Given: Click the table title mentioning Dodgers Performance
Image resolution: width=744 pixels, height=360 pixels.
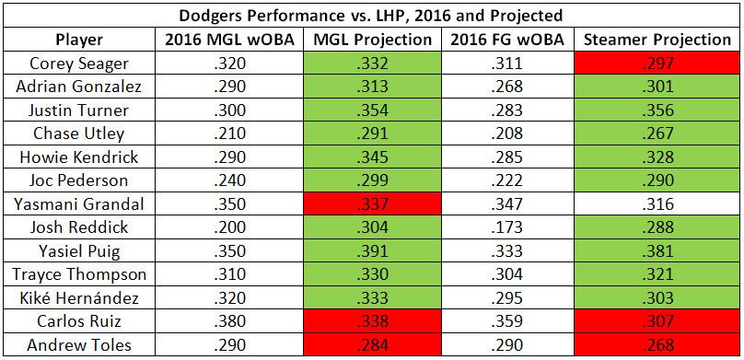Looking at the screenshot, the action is pos(370,17).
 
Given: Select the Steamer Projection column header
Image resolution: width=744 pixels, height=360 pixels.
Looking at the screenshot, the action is pos(657,40).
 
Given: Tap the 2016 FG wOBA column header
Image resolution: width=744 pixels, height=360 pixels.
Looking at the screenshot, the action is pos(506,40).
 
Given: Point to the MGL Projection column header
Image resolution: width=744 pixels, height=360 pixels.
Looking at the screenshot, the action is pos(373,40).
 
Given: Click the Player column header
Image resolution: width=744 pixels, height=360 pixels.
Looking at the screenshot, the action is pos(79,40).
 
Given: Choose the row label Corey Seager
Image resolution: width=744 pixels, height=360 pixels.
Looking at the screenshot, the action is pos(79,64).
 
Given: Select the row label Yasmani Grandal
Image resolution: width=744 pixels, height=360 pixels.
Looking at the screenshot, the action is pos(79,204).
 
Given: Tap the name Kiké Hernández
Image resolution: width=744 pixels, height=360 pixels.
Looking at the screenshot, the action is pos(79,298).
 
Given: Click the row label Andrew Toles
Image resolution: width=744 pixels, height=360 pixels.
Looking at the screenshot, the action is pos(79,345).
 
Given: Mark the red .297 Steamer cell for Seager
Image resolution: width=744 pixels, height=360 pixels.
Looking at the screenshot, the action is pos(657,64).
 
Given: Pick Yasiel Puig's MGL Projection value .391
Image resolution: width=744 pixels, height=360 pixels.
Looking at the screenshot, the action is pos(373,251).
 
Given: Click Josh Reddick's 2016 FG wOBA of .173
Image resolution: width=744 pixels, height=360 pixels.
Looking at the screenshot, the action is pos(506,227).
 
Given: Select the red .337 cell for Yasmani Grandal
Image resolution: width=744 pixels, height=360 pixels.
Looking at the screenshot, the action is pos(373,204).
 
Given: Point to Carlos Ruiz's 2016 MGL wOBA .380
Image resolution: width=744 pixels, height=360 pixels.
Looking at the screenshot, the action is pos(229,321).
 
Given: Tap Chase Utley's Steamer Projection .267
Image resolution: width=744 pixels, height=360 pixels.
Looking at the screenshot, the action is pos(657,134).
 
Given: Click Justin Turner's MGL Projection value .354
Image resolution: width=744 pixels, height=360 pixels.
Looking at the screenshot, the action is pos(373,110).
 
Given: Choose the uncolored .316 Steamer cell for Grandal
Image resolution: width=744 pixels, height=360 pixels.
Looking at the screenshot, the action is pos(657,204).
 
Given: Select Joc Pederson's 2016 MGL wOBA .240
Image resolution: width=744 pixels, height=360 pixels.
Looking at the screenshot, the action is pos(229,180).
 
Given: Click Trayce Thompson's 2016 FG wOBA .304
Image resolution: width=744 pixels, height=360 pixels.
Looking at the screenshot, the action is pos(506,274).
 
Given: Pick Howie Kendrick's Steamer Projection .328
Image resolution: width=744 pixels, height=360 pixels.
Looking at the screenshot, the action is pos(657,157).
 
